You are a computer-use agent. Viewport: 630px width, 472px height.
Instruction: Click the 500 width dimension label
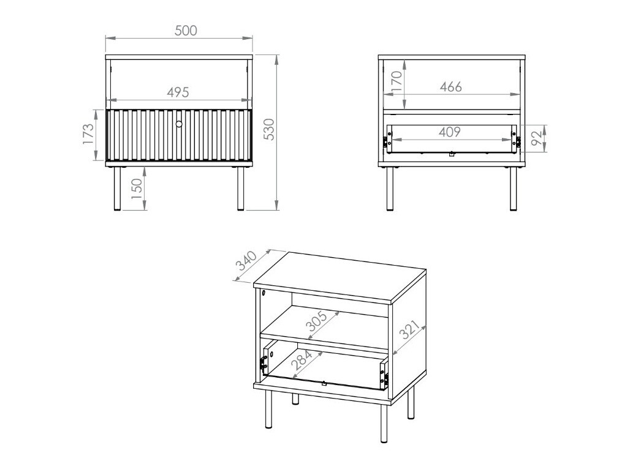[186, 31]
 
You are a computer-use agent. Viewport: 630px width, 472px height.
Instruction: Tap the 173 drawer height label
[88, 135]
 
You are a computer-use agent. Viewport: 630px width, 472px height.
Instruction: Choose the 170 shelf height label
[397, 81]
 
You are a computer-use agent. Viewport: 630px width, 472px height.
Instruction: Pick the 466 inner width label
[450, 86]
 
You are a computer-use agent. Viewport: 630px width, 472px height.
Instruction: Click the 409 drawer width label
[449, 132]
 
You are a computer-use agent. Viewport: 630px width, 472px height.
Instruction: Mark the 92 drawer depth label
[537, 138]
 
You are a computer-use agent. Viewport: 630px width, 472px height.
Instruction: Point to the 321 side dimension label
[411, 334]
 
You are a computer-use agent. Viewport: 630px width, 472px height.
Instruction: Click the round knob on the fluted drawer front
[179, 124]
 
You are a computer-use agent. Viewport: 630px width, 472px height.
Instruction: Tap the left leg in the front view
[118, 187]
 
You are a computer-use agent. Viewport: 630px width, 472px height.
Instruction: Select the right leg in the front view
[241, 187]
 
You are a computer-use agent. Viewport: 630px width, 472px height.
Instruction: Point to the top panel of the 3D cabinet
[341, 275]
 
